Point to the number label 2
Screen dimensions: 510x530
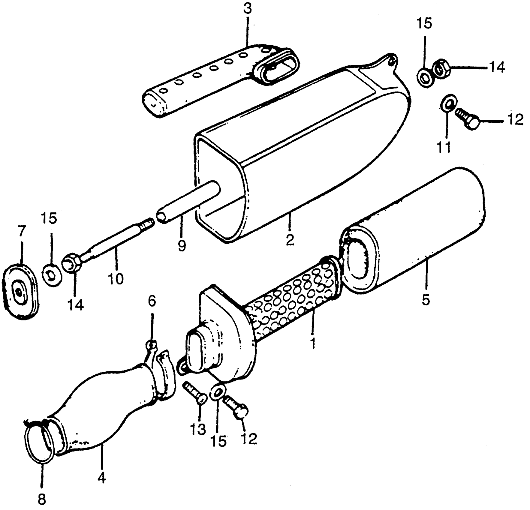coord(289,240)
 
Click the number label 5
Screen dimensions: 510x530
coord(426,299)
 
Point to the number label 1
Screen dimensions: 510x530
coord(313,343)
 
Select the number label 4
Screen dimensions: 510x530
coord(102,478)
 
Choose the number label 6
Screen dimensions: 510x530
coord(152,301)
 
